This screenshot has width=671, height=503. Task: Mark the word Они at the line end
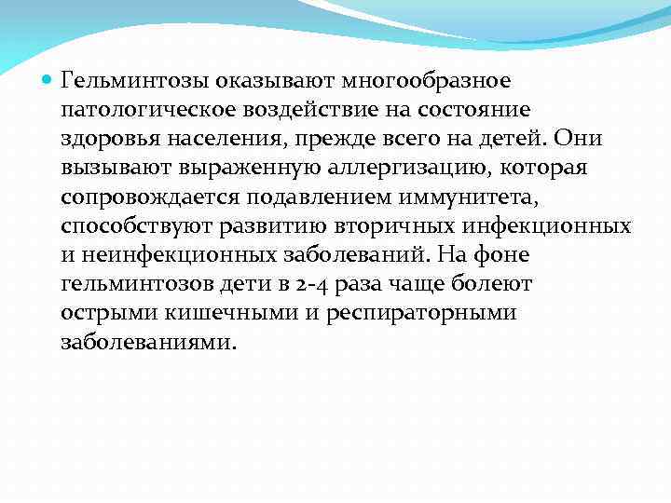[x=579, y=140]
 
